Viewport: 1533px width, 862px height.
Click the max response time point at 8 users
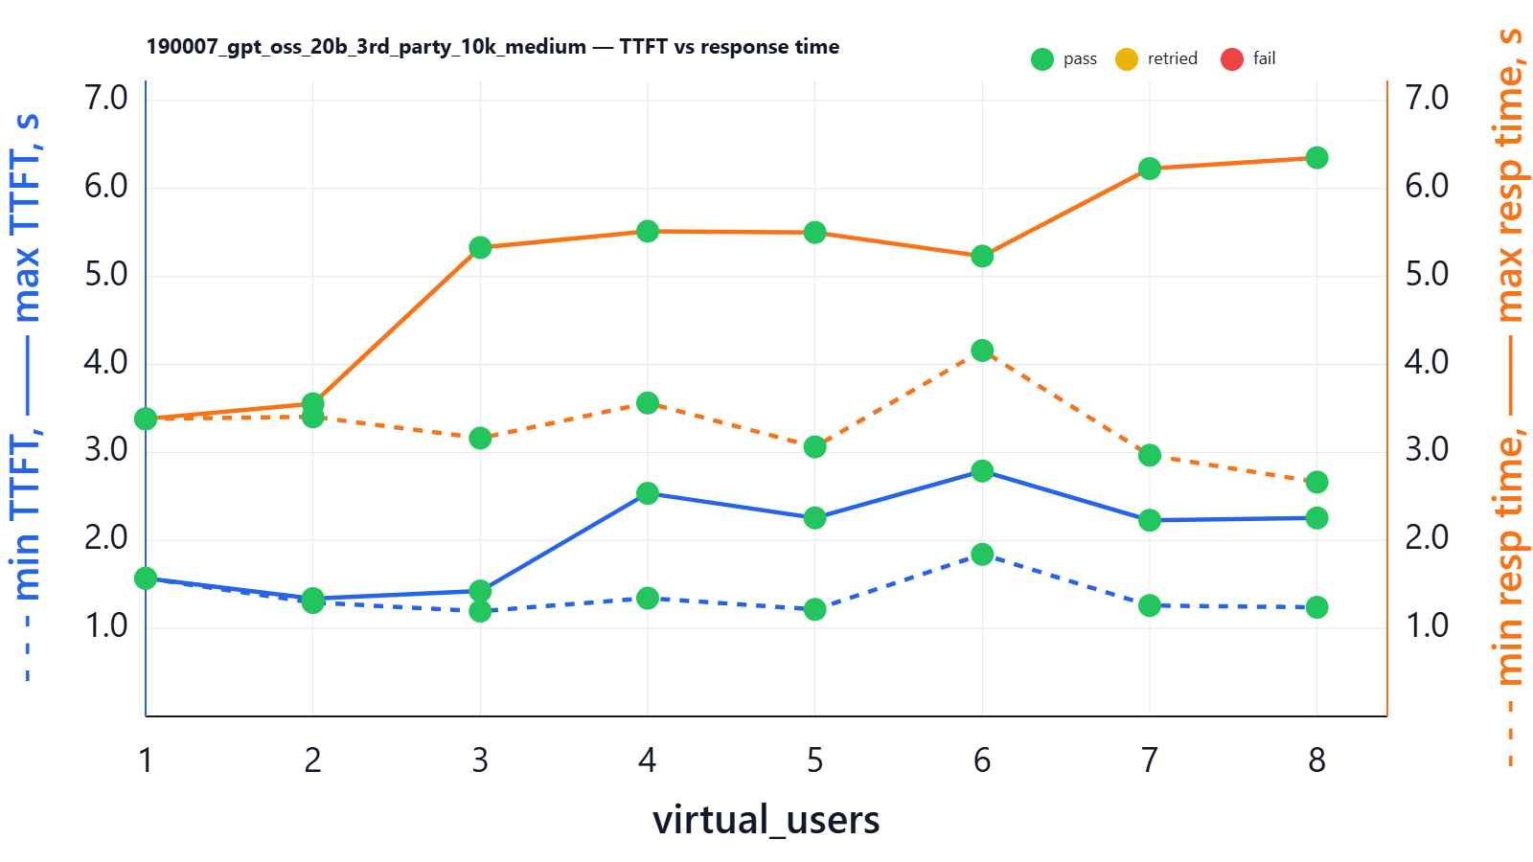pos(1316,158)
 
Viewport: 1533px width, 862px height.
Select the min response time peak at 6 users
pos(982,351)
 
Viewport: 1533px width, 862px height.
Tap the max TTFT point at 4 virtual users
pos(648,493)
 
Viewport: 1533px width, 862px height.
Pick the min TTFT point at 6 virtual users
pos(982,555)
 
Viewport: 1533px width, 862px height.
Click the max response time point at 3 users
pos(480,248)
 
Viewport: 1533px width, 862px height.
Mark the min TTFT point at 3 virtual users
pos(480,610)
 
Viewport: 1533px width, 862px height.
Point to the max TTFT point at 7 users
pos(1150,520)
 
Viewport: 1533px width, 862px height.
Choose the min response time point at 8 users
pos(1316,482)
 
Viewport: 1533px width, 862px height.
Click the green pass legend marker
pos(1042,59)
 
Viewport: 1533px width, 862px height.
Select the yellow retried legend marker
pos(1127,59)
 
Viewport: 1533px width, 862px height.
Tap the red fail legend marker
pos(1232,59)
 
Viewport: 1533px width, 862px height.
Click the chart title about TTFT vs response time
pos(492,47)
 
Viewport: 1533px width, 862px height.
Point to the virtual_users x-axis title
pos(766,820)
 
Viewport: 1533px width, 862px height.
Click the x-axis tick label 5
pos(814,760)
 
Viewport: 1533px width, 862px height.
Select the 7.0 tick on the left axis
pos(105,98)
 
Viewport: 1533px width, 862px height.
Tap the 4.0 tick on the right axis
pos(1427,362)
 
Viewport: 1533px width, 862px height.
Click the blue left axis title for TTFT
pos(26,397)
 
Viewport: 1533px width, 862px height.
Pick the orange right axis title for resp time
pos(1509,397)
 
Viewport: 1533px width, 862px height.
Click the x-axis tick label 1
pos(146,760)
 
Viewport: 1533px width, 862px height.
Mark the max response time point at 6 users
pos(982,256)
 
